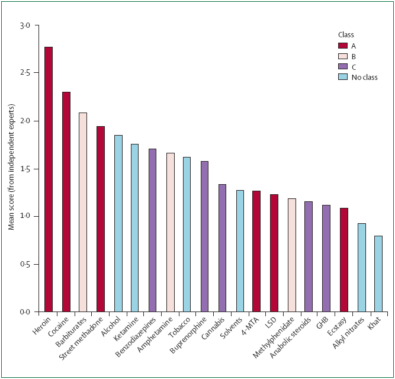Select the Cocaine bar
66,202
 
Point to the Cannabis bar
222,248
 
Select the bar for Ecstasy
344,260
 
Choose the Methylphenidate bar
292,255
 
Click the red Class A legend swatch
342,46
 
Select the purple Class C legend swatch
342,67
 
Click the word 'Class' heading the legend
346,34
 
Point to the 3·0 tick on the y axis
24,26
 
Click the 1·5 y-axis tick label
24,169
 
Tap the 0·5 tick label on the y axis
24,264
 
